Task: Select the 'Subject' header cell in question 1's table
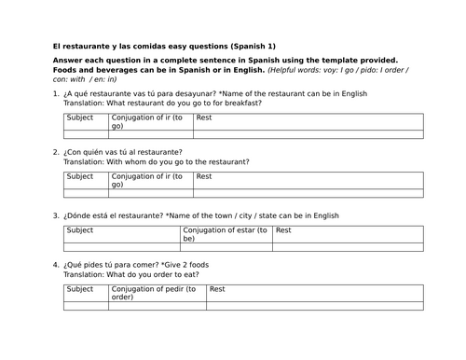click(x=80, y=118)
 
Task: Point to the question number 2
click(x=57, y=151)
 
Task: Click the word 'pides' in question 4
click(x=101, y=265)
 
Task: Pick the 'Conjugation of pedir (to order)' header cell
click(x=153, y=293)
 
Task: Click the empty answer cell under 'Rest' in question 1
click(x=308, y=134)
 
